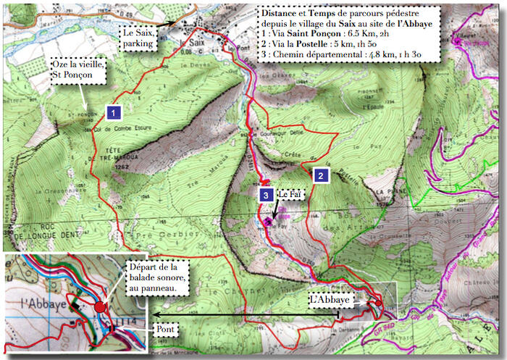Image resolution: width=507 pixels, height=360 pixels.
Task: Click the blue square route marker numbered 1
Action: pos(113,112)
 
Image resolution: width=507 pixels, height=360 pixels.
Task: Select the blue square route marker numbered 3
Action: pos(267,193)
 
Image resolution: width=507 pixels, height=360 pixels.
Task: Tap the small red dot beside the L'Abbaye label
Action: pos(377,303)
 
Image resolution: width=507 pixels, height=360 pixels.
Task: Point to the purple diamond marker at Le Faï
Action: pos(267,222)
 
